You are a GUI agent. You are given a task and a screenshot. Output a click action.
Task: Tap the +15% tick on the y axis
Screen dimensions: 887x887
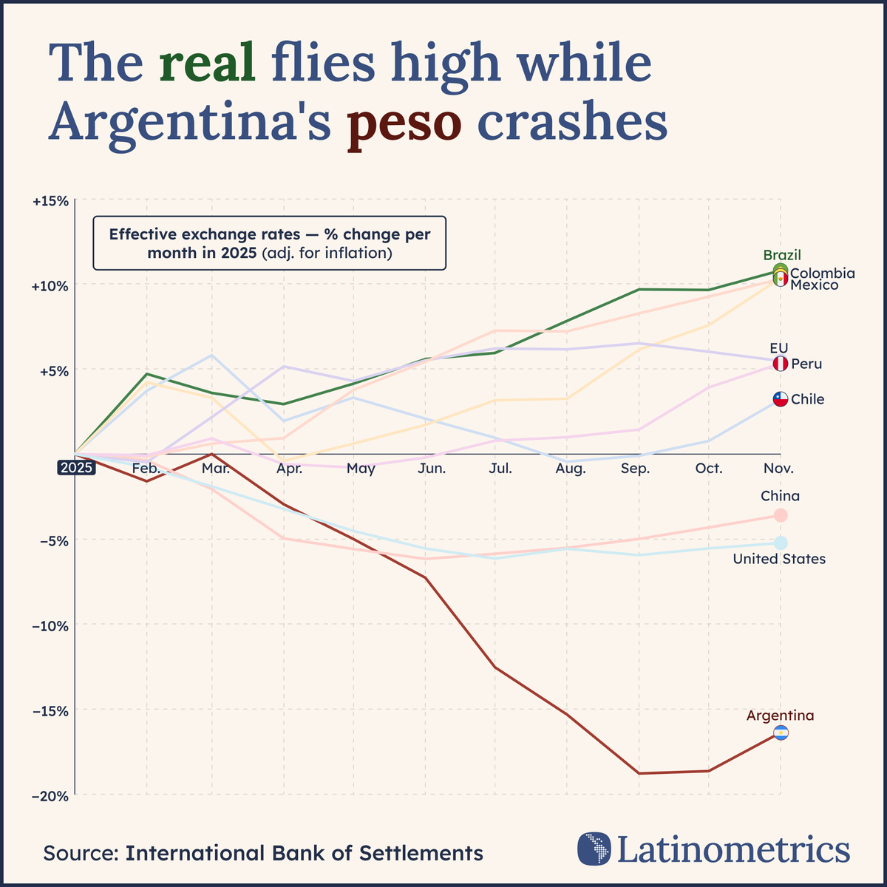51,200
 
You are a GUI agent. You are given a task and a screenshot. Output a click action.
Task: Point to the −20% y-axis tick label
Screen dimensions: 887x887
51,795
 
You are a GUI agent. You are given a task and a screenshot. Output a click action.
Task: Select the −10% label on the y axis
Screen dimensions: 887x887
51,625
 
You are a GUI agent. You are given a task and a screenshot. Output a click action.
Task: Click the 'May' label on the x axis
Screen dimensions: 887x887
361,469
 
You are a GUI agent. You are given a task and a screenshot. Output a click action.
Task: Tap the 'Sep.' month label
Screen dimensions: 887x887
636,469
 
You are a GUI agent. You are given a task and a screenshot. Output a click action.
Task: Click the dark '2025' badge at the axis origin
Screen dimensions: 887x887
76,467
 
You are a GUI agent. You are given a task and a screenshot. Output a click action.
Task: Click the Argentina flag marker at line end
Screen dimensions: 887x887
781,733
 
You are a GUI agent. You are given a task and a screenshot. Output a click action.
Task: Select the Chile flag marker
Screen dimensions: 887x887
781,399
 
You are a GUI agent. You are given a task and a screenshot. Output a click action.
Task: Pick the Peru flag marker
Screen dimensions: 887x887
781,364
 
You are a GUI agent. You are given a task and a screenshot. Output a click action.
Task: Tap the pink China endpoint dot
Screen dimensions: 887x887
781,515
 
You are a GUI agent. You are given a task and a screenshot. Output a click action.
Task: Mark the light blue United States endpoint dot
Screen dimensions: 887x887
781,543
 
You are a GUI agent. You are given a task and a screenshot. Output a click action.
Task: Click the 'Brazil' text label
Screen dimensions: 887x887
782,256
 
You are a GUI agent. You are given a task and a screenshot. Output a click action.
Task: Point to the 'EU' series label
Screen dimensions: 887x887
779,347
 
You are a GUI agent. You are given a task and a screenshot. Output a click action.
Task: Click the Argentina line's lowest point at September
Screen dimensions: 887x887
637,773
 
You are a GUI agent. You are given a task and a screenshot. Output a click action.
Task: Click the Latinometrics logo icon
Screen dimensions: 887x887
595,849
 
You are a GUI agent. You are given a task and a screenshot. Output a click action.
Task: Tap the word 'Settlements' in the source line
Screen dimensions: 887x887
421,853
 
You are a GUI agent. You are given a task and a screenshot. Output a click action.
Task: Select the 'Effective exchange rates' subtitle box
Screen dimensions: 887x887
269,243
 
